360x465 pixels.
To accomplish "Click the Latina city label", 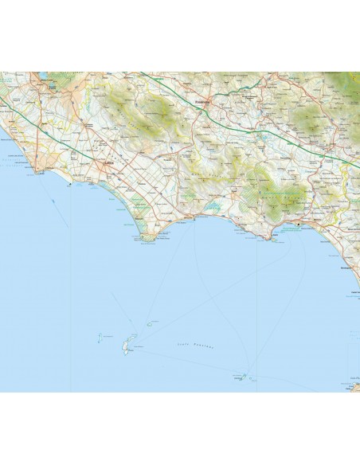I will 110,164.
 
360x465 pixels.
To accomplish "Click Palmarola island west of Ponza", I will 101,338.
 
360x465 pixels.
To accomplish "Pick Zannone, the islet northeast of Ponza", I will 149,324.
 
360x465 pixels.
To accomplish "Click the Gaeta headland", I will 276,239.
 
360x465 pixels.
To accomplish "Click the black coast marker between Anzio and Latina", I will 71,184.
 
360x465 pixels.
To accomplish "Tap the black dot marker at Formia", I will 299,225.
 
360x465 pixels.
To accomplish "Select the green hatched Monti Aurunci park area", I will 279,195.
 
